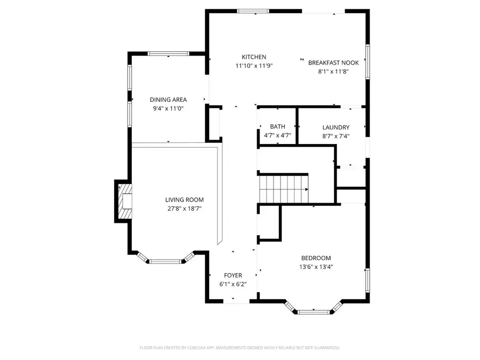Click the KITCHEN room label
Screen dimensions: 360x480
tap(254, 57)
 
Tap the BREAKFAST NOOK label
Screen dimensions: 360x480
tap(333, 62)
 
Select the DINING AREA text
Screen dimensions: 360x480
tap(168, 100)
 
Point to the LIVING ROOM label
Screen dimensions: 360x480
tap(184, 200)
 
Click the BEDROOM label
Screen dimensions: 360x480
tap(316, 258)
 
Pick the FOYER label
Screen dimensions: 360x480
tap(233, 275)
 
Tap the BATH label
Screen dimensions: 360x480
tap(277, 126)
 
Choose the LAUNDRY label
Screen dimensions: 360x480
tap(336, 127)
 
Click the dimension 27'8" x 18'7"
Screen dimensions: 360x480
tap(184, 209)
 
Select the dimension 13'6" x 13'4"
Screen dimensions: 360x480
tap(316, 267)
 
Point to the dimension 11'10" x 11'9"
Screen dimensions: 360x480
tap(254, 66)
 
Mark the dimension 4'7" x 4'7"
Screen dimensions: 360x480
tap(277, 135)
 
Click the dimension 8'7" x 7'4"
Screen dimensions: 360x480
tap(336, 137)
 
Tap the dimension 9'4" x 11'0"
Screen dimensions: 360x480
tap(168, 109)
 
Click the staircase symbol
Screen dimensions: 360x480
tap(283, 189)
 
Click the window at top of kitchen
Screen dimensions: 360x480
tap(253, 10)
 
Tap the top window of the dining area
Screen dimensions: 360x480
tap(168, 53)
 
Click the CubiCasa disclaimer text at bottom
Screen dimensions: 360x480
tap(239, 348)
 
